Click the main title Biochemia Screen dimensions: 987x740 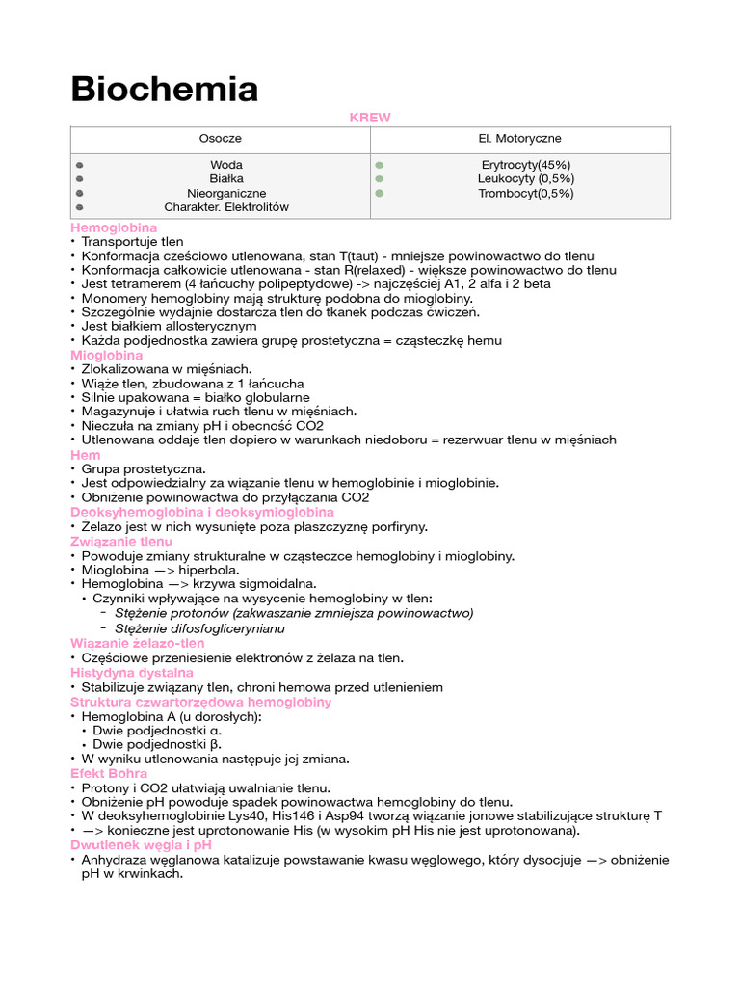tap(165, 90)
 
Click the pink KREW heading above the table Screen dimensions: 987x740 tap(370, 118)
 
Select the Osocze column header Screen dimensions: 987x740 tap(221, 139)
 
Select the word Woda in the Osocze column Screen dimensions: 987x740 tap(226, 165)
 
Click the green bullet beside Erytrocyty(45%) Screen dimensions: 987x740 tap(380, 165)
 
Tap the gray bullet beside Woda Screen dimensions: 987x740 tap(79, 165)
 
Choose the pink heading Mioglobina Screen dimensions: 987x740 tap(106, 355)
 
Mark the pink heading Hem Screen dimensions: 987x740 tap(85, 454)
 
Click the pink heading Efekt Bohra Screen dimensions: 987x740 tap(109, 773)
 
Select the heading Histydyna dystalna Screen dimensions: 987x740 tap(132, 672)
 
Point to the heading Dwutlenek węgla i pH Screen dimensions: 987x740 tap(141, 844)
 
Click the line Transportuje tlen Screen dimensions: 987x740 tap(132, 242)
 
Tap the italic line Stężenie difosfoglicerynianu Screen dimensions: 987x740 tap(199, 628)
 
